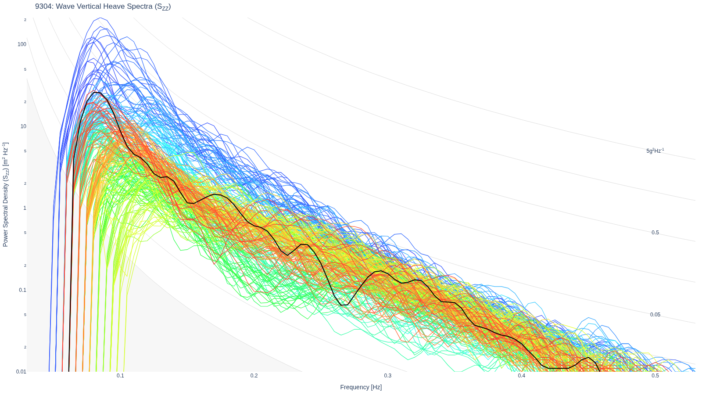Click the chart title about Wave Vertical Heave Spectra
pos(103,7)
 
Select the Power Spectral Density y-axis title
pos(6,195)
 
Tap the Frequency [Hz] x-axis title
pos(361,387)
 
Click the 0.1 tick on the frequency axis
pos(120,376)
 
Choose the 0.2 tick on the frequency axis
pos(254,376)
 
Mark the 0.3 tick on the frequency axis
pos(388,376)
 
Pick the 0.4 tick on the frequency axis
pos(522,376)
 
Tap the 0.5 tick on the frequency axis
pos(655,376)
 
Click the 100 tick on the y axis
pos(22,44)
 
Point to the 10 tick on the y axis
pos(24,126)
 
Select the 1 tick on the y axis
pos(25,208)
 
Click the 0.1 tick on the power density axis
pos(22,290)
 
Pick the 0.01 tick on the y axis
pos(21,372)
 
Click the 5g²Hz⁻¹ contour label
pos(655,151)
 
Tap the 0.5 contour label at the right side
pos(655,233)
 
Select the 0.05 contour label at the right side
pos(655,315)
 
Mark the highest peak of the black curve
pos(97,93)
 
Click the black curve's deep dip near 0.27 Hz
pos(344,305)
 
